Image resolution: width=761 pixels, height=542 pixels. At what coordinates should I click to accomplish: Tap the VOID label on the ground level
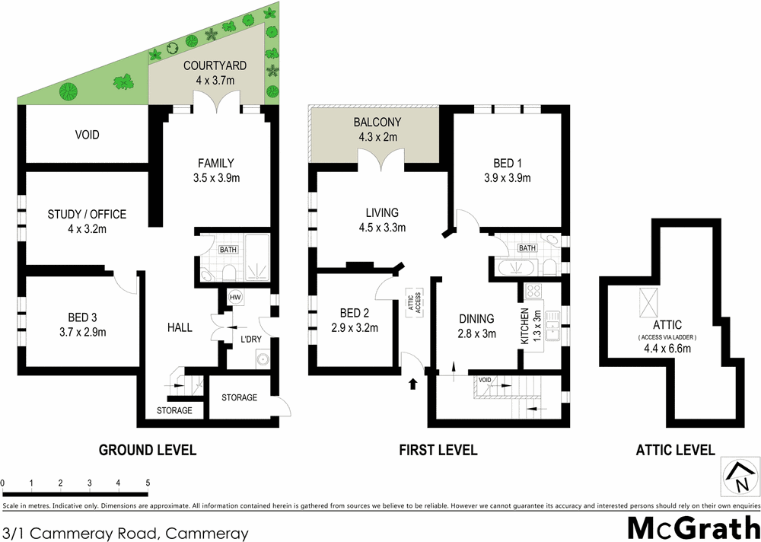pyautogui.click(x=88, y=135)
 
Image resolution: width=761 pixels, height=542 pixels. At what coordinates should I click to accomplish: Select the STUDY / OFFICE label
pyautogui.click(x=87, y=215)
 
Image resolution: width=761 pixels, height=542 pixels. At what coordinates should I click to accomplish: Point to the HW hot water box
pyautogui.click(x=235, y=297)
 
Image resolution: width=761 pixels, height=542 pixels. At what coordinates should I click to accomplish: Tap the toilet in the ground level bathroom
pyautogui.click(x=230, y=273)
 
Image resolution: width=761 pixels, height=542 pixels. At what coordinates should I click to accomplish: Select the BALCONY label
pyautogui.click(x=377, y=122)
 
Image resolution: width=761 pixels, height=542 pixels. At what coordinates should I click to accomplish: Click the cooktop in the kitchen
pyautogui.click(x=533, y=290)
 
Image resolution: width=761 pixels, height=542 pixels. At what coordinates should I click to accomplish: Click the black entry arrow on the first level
pyautogui.click(x=413, y=382)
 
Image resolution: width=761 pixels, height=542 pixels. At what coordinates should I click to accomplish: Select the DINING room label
pyautogui.click(x=477, y=319)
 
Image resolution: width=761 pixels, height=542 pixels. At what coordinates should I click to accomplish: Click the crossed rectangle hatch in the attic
pyautogui.click(x=648, y=302)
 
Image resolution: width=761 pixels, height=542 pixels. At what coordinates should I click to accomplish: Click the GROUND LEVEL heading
pyautogui.click(x=148, y=450)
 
